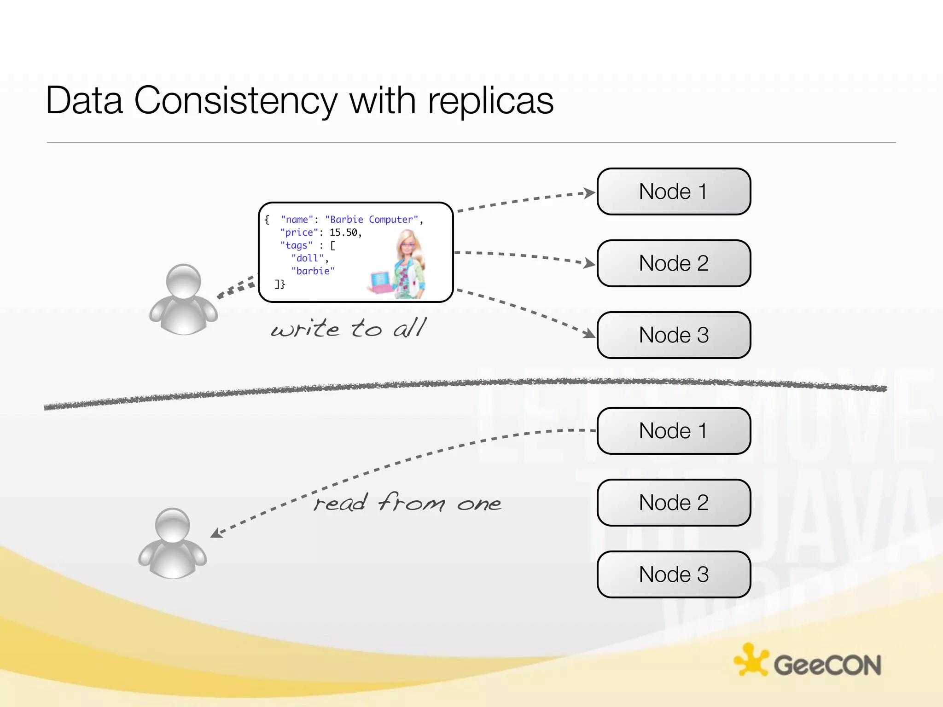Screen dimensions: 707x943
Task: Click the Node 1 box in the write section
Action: [674, 191]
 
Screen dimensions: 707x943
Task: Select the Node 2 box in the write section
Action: [674, 263]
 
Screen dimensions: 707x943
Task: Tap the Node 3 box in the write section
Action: [674, 335]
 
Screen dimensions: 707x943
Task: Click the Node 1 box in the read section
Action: [674, 431]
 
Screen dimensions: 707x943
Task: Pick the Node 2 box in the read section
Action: [674, 503]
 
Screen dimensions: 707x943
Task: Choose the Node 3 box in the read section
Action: [674, 574]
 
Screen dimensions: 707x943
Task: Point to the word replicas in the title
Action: [490, 101]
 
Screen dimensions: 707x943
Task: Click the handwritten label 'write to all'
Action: [349, 329]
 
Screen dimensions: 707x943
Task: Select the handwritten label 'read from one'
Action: [407, 503]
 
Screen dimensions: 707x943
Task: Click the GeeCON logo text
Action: [827, 666]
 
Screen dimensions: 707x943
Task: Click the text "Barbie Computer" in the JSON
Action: [372, 220]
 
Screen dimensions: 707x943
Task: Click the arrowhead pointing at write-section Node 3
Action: [589, 333]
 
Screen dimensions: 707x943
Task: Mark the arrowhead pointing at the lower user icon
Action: [215, 533]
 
